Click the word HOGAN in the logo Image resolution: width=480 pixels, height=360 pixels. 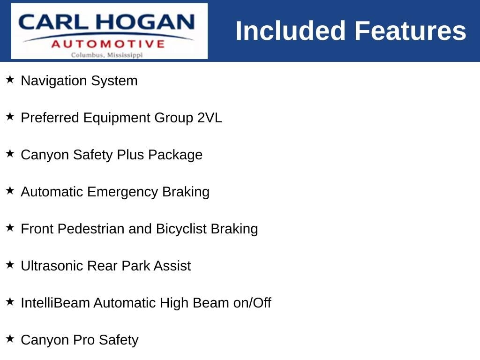tap(145, 22)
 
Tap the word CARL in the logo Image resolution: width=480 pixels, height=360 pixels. tap(53, 22)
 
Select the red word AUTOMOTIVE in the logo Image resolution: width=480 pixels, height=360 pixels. tap(108, 44)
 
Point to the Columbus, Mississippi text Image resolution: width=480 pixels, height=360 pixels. tap(107, 55)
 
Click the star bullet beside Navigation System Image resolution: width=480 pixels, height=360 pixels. tap(10, 79)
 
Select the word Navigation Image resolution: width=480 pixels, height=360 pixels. tap(54, 81)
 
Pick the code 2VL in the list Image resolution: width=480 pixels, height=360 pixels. tap(210, 118)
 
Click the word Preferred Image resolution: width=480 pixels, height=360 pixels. tap(50, 118)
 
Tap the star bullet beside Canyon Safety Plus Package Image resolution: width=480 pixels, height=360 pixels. tap(10, 153)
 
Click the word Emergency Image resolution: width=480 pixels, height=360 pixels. tap(122, 192)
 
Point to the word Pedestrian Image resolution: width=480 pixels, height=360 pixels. tap(91, 229)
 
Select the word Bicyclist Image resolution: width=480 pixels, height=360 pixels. tap(181, 229)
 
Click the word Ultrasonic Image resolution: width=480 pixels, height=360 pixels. tap(52, 266)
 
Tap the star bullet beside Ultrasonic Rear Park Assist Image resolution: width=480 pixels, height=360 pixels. tap(10, 264)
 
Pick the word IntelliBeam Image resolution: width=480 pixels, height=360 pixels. tap(55, 303)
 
